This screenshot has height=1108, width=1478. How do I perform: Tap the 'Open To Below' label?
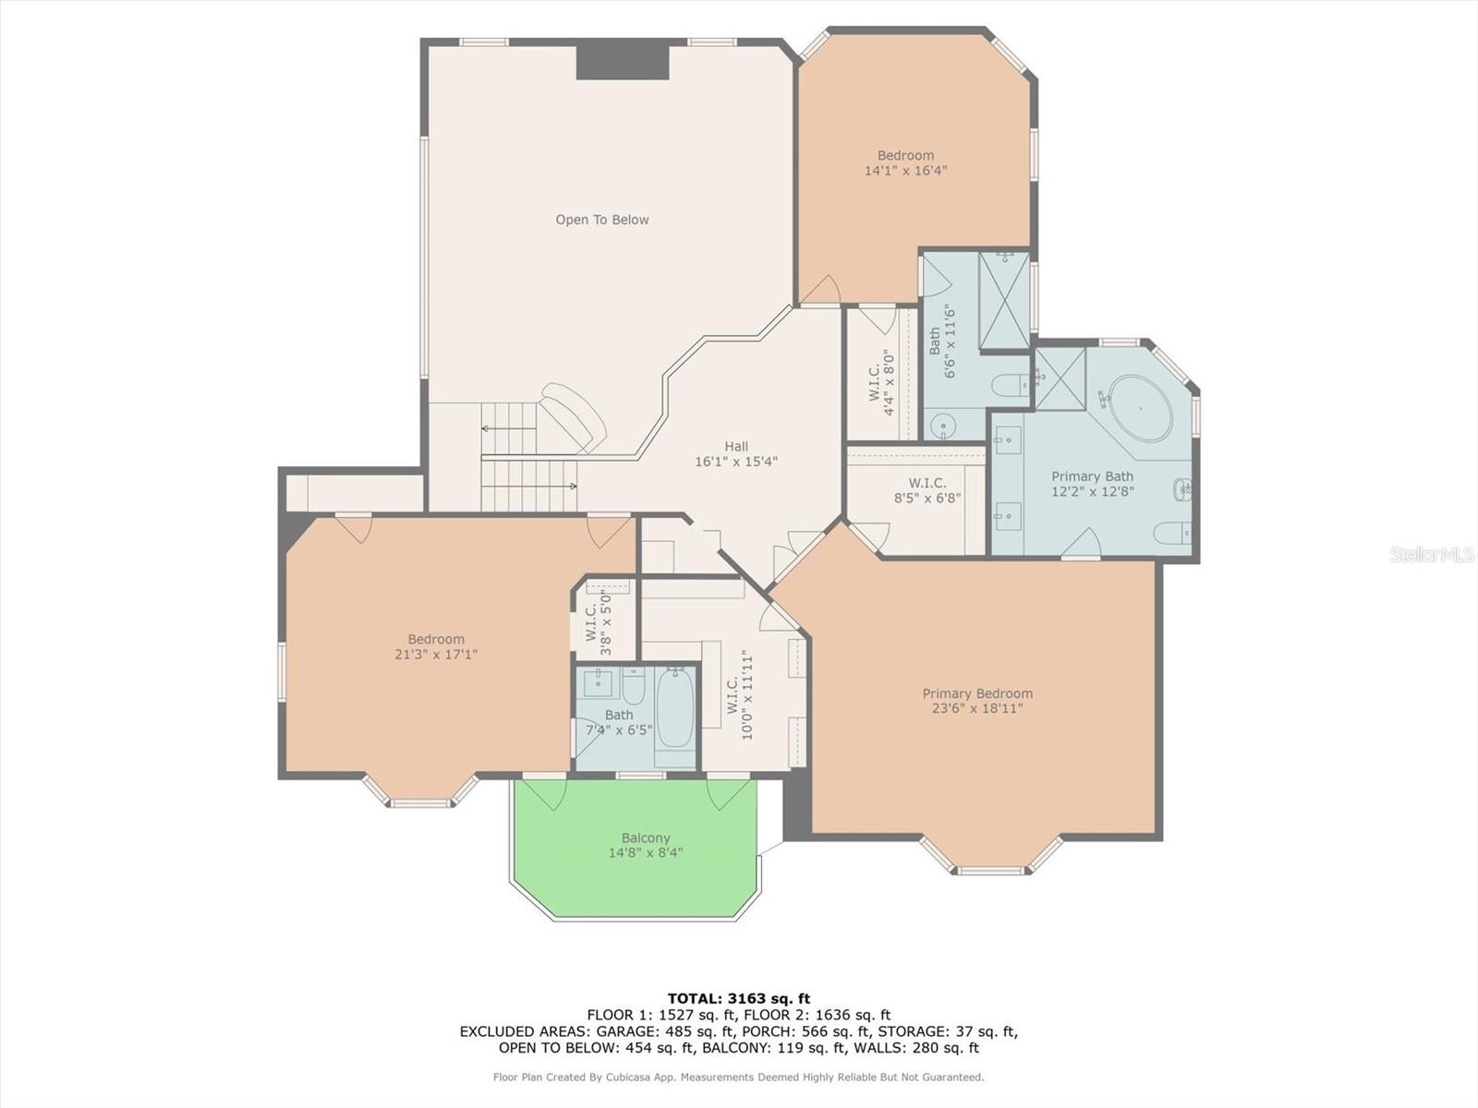coord(601,220)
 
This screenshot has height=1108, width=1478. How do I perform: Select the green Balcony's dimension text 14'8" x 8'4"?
coord(646,853)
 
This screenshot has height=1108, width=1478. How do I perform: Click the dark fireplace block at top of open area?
coord(622,62)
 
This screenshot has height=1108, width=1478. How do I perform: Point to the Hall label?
coord(736,447)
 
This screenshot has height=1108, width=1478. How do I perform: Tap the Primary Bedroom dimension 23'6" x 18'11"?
coord(977,709)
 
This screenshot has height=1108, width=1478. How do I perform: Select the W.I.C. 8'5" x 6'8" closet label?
coord(927,490)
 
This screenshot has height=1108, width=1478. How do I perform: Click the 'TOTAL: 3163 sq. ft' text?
coord(738,998)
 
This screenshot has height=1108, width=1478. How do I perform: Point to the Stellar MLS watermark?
coord(1431,554)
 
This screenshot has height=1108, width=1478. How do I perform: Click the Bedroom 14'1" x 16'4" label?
coord(905,163)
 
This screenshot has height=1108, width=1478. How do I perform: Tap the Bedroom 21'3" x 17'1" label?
coord(436,646)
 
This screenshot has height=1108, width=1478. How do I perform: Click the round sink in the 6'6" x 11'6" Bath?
coord(942,426)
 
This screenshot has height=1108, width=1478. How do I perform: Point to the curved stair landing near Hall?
coord(575,417)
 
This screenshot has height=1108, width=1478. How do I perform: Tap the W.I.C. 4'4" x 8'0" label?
coord(881,381)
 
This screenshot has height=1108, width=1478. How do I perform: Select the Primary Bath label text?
coord(1092,476)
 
